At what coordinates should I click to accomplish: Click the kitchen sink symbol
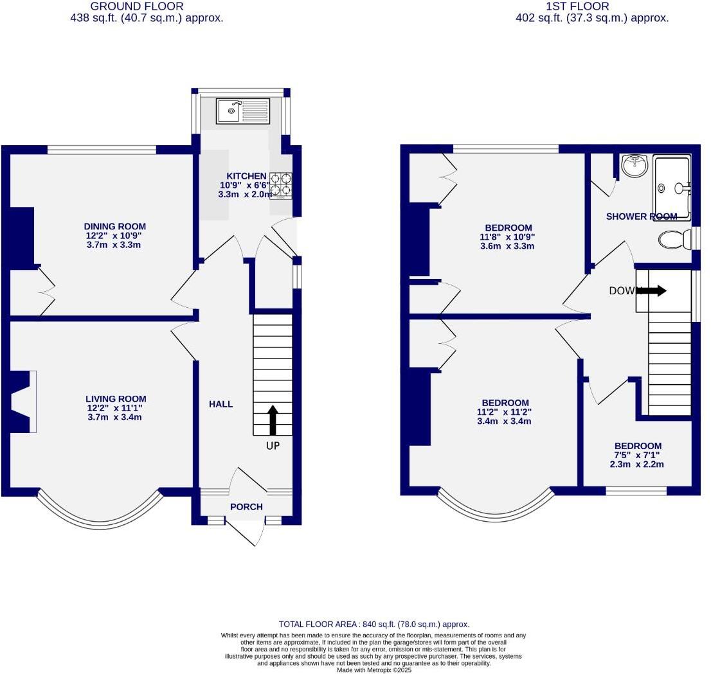click(x=243, y=111)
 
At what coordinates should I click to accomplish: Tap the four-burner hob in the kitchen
click(x=280, y=184)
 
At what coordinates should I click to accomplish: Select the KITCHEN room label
click(x=246, y=176)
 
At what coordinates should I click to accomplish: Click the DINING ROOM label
click(x=115, y=226)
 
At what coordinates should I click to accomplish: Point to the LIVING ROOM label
click(x=116, y=399)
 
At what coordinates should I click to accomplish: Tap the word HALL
click(x=221, y=404)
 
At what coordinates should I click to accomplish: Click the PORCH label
click(x=246, y=507)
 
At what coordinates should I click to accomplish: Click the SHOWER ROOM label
click(x=642, y=217)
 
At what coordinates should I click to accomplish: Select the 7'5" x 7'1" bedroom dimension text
click(x=638, y=456)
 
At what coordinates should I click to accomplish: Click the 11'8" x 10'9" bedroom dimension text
click(x=508, y=236)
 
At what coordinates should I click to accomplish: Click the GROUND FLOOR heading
click(x=147, y=6)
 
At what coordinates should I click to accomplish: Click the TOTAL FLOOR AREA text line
click(x=374, y=624)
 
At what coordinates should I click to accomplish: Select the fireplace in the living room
click(x=21, y=402)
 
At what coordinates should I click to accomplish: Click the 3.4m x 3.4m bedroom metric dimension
click(x=503, y=421)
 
